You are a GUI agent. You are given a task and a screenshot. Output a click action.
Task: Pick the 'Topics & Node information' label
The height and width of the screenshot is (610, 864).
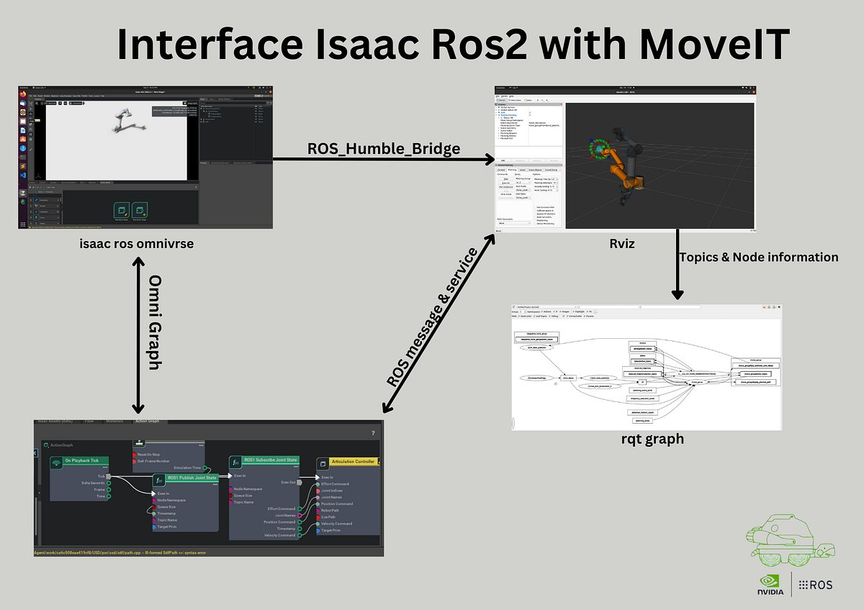759,257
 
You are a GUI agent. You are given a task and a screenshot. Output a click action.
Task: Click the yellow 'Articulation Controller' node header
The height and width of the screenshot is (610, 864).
348,461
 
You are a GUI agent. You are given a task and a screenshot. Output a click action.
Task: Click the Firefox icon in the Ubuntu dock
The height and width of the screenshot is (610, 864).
23,93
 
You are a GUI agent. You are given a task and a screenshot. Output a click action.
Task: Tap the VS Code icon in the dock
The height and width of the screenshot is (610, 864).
23,175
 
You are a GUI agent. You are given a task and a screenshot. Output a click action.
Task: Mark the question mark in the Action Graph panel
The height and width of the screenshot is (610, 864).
372,433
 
